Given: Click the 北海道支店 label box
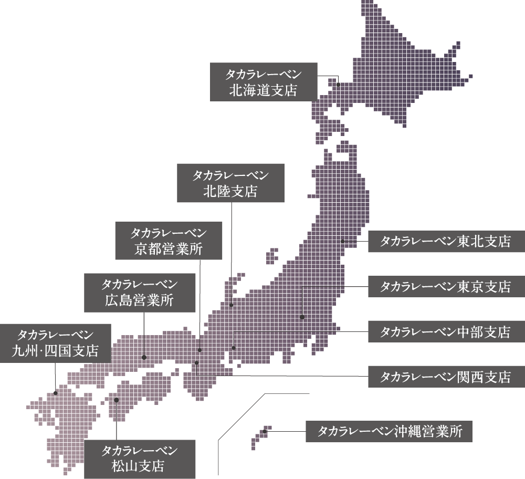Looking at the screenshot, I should pos(264,81).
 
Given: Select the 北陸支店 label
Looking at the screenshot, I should pos(230,183).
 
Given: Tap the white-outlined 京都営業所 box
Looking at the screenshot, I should pos(169,241).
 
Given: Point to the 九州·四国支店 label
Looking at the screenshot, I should pos(55,342).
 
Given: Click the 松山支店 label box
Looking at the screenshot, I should pos(139,458).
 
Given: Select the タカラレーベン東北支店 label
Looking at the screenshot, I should pos(445,242).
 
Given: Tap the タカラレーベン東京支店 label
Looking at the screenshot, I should pos(445,287).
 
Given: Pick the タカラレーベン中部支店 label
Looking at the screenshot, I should pos(445,332).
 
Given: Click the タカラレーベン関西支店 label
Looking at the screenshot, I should pos(445,377).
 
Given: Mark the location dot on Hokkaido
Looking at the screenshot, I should pos(339,84).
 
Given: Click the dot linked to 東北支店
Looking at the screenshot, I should pos(342,242).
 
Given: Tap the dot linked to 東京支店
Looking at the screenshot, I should pos(302,317).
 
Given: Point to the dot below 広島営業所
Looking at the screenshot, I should pos(144,357).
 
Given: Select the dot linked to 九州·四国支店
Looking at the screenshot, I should pos(56,392).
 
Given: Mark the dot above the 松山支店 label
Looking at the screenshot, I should pos(116,400).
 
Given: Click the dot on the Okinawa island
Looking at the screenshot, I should pos(265,432).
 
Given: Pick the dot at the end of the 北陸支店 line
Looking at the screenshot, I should pos(231,305).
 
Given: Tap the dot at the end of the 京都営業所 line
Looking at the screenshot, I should pos(200,350).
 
